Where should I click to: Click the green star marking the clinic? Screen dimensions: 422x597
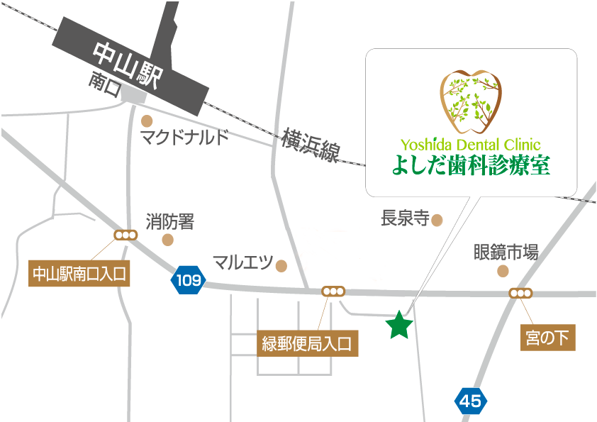pyautogui.click(x=399, y=326)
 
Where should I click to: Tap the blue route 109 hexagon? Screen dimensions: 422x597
pyautogui.click(x=188, y=280)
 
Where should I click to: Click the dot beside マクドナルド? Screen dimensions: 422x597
pyautogui.click(x=147, y=120)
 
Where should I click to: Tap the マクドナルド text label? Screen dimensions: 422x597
pyautogui.click(x=184, y=136)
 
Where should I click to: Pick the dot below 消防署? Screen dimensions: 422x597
pyautogui.click(x=167, y=240)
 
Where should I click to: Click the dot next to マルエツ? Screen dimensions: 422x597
pyautogui.click(x=281, y=266)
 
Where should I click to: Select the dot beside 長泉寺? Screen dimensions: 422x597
pyautogui.click(x=437, y=220)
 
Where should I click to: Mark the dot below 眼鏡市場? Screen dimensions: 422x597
pyautogui.click(x=503, y=271)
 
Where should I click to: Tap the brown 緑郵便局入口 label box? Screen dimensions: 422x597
pyautogui.click(x=307, y=345)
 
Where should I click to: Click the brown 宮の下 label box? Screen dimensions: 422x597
pyautogui.click(x=547, y=338)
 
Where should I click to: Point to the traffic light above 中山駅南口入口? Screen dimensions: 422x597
pyautogui.click(x=125, y=235)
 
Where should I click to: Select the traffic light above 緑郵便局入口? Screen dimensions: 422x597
pyautogui.click(x=333, y=291)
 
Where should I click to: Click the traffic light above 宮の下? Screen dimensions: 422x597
pyautogui.click(x=520, y=293)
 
